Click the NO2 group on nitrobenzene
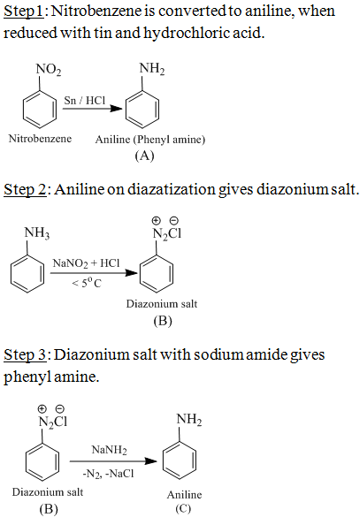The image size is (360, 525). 49,69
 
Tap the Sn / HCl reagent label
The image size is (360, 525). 84,100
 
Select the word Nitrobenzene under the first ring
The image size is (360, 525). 40,139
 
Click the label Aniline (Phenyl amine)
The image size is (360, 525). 150,140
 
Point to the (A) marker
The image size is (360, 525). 144,156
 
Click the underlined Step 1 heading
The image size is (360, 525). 23,11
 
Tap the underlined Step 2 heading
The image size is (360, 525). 25,190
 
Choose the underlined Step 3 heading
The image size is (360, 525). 25,355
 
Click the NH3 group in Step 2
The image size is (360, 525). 37,232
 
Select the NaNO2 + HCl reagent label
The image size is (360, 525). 86,263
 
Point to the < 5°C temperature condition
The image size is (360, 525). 86,284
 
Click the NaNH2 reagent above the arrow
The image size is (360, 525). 110,450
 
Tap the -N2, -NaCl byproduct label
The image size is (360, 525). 108,474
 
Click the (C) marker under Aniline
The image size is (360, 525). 183,509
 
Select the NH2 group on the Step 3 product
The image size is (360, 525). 189,419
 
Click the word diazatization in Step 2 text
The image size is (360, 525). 172,190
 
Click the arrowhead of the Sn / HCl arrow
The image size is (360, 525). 116,109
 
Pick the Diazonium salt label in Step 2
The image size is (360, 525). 162,304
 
